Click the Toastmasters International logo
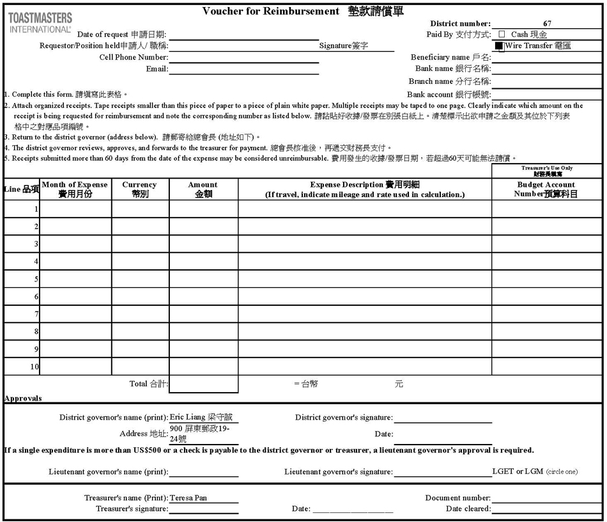click(x=40, y=22)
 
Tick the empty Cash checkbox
click(x=502, y=34)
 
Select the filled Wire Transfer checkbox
click(x=500, y=46)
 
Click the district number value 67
click(x=547, y=24)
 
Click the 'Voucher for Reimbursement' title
click(x=270, y=11)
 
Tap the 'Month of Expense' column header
click(x=75, y=189)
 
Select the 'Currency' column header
click(x=140, y=189)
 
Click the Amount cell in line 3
click(x=203, y=244)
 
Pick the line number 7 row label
click(x=36, y=314)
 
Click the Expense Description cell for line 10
click(x=364, y=367)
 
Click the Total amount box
click(x=203, y=384)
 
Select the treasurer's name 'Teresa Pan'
click(x=188, y=498)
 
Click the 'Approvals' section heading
click(x=23, y=398)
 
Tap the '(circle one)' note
click(x=562, y=472)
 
